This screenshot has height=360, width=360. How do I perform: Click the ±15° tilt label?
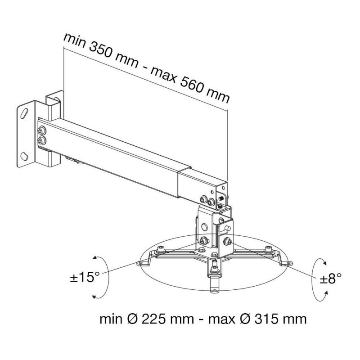pos(85,277)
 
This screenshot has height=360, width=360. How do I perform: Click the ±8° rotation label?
pos(331,278)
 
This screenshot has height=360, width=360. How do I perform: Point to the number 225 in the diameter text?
pos(153,319)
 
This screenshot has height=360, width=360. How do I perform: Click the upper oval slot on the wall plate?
pos(24,113)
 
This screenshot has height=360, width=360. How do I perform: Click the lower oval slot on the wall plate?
pos(24,156)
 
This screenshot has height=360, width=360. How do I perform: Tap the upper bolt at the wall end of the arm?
pos(41,131)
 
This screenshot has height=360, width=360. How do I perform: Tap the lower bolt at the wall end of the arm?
pos(41,140)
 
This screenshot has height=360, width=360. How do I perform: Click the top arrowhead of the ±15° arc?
pos(94,258)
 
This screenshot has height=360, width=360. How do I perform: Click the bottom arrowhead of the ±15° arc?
pos(94,297)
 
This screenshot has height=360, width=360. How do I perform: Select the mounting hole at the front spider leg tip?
pos(215,291)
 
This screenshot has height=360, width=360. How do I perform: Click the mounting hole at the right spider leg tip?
pos(290,263)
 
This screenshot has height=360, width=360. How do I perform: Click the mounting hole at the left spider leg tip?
pos(139,263)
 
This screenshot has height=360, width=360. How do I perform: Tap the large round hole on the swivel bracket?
pos(204,227)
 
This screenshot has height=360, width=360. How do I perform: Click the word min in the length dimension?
pos(74,41)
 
